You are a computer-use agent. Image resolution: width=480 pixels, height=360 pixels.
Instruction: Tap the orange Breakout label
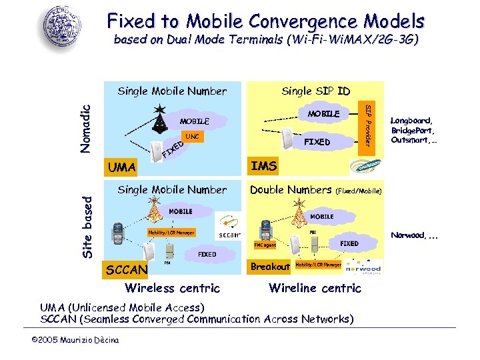pyautogui.click(x=270, y=267)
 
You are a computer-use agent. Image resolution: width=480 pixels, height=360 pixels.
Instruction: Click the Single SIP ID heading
pyautogui.click(x=315, y=91)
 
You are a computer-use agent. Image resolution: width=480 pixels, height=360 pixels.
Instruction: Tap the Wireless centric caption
pyautogui.click(x=172, y=288)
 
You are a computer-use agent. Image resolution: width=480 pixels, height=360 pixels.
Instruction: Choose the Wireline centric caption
pyautogui.click(x=315, y=288)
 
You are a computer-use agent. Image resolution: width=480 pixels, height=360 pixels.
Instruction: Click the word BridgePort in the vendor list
pyautogui.click(x=412, y=130)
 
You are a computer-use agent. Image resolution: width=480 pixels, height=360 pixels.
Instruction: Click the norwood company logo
pyautogui.click(x=364, y=267)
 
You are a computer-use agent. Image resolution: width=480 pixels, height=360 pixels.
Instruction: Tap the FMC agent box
pyautogui.click(x=264, y=245)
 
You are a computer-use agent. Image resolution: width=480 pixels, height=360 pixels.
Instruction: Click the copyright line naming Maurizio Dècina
pyautogui.click(x=75, y=341)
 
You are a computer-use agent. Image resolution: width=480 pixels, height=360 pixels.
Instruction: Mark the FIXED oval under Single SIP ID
pyautogui.click(x=317, y=141)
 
